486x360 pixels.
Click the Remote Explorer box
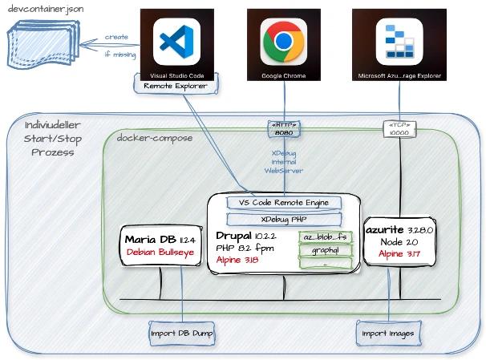tap(169, 86)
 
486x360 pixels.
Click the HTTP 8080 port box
tap(285, 128)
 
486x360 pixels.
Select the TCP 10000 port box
tap(398, 128)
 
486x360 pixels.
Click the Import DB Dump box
tap(182, 333)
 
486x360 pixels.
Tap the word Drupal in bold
tap(233, 236)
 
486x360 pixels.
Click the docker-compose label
tap(149, 139)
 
